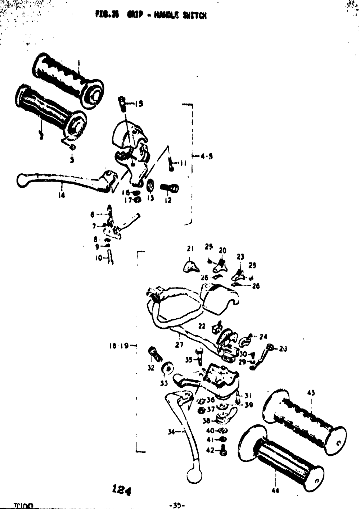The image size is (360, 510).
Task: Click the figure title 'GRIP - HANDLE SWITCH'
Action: point(151,15)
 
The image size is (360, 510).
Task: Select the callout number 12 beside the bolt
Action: point(168,201)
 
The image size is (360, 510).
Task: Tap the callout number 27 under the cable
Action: point(179,345)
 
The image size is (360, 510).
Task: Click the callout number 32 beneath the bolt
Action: point(151,368)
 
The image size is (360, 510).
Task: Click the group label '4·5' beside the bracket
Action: point(207,156)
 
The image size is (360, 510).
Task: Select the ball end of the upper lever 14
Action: point(23,180)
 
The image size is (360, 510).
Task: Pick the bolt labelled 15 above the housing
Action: point(122,103)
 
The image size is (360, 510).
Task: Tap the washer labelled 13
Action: point(150,186)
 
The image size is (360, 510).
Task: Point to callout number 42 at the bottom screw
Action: point(210,450)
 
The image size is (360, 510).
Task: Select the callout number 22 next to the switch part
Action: point(202,325)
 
